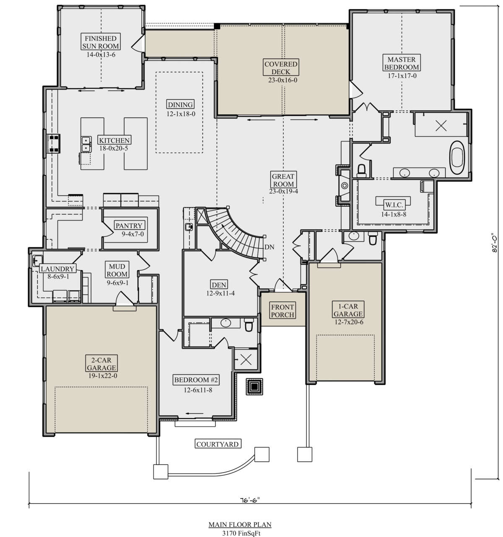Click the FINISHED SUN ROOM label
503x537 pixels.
(x=101, y=42)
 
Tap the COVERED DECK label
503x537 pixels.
(x=281, y=68)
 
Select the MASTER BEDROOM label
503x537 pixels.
(x=402, y=63)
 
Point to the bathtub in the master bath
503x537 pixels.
(x=457, y=158)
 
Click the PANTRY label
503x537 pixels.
(x=129, y=226)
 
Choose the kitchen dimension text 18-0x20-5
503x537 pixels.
(x=114, y=149)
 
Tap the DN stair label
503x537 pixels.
(x=269, y=247)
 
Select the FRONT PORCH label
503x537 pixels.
(x=283, y=311)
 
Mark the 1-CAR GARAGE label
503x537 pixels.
(x=348, y=310)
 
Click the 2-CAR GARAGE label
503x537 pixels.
(x=101, y=364)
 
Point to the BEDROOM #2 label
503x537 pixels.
(x=196, y=380)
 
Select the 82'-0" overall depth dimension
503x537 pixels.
(x=495, y=243)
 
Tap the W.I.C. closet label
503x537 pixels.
(x=394, y=205)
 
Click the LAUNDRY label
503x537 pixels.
(x=57, y=269)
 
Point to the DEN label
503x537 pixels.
(x=219, y=285)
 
